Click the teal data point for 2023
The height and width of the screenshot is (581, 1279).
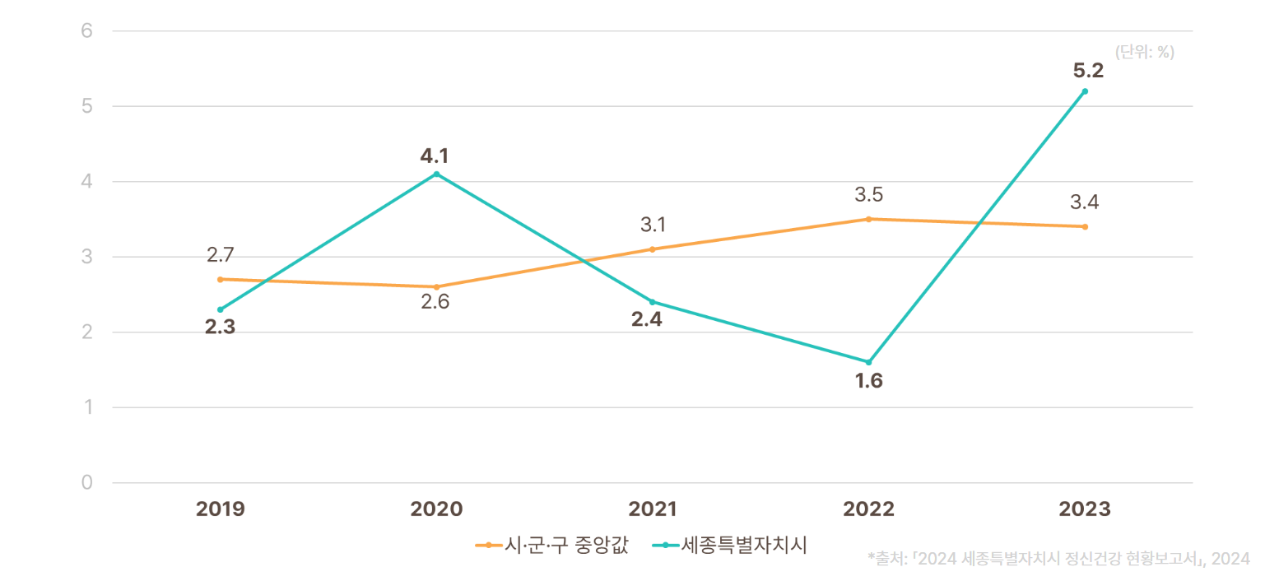(x=1085, y=91)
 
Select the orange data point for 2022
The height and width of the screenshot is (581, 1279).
(x=868, y=219)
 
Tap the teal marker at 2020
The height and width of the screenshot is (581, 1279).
(x=436, y=174)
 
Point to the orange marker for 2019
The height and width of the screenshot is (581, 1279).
(x=221, y=279)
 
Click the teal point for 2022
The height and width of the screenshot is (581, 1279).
(x=868, y=362)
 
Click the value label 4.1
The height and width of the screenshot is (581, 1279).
(x=436, y=156)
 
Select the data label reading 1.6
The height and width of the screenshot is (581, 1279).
(x=868, y=382)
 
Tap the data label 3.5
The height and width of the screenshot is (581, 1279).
(x=868, y=196)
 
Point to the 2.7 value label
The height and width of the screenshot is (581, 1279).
(x=221, y=255)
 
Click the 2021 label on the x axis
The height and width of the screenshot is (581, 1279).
(x=652, y=509)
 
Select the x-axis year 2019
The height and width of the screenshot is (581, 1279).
(x=221, y=509)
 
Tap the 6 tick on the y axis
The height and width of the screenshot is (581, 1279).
(x=86, y=31)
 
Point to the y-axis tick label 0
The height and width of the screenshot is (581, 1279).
(x=86, y=482)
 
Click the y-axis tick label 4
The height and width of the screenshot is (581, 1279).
(x=86, y=182)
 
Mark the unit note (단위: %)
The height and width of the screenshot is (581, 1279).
(x=1144, y=52)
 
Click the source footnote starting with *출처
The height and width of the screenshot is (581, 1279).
(x=1058, y=559)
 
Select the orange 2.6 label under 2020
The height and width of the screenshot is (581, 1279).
(x=435, y=302)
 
